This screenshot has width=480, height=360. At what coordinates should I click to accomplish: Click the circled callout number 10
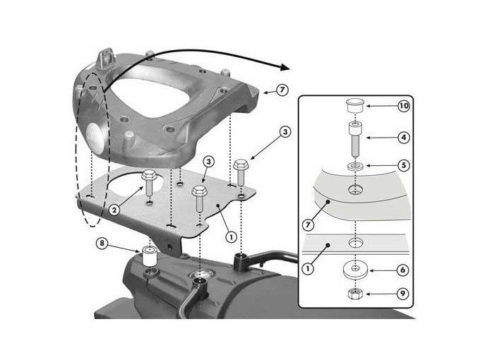(x=403, y=106)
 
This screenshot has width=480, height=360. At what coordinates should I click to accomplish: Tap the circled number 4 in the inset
(x=403, y=138)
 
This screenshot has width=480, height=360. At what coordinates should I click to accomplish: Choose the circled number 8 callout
(x=103, y=245)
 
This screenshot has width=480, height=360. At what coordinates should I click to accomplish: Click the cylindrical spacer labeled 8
(x=149, y=256)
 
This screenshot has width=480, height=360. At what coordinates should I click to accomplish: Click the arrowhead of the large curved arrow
(x=284, y=68)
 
